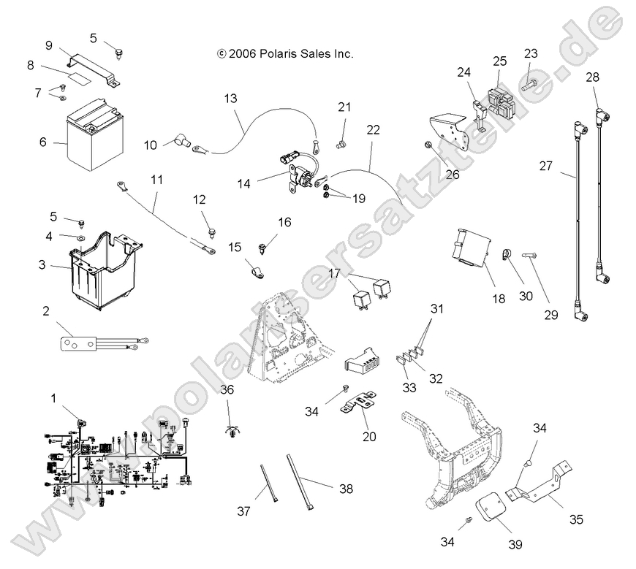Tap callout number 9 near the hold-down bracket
click(x=49, y=45)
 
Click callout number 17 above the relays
click(x=334, y=273)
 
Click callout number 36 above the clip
click(x=227, y=391)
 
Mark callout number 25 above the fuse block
click(x=499, y=61)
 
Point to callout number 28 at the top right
click(x=591, y=76)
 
